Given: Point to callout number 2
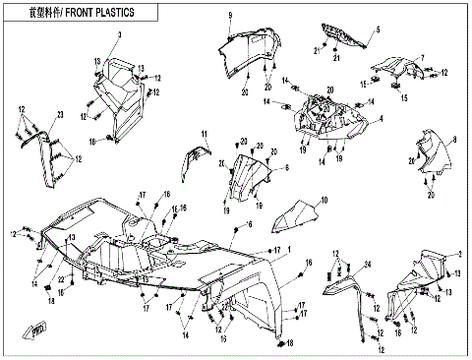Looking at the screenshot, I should (458, 255).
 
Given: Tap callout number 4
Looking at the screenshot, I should (381, 118).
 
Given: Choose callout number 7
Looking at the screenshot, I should (422, 57).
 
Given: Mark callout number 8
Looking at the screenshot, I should (454, 144).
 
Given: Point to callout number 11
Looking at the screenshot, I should (204, 133).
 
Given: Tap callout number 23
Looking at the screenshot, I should (59, 116).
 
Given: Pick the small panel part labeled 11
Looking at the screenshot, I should (197, 157).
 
